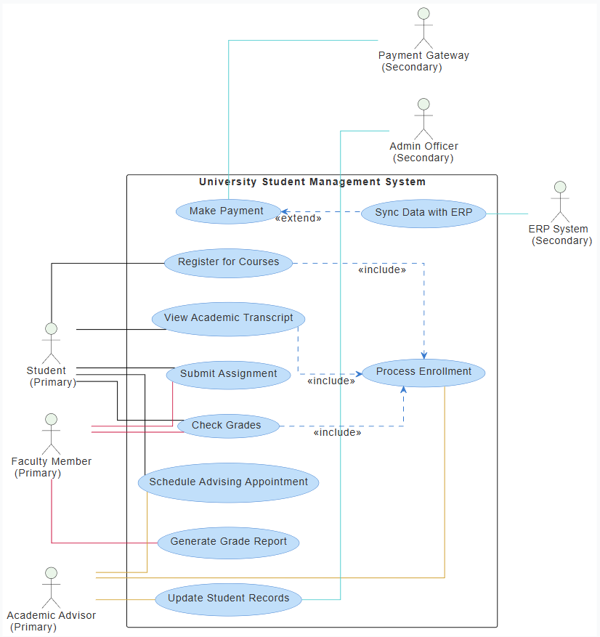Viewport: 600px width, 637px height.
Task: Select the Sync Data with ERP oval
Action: click(x=423, y=214)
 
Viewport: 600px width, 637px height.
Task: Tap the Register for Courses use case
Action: click(x=228, y=262)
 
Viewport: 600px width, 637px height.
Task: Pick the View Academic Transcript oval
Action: click(x=228, y=318)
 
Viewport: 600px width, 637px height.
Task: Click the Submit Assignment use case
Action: click(x=228, y=374)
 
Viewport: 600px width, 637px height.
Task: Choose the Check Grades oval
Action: click(x=228, y=426)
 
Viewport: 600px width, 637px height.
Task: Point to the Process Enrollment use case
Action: click(x=423, y=372)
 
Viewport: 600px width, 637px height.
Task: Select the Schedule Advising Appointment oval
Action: click(x=228, y=482)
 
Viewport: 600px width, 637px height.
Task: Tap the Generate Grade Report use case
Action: click(x=228, y=542)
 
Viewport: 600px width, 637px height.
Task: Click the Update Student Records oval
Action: click(x=228, y=599)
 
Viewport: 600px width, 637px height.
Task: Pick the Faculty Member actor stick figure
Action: click(x=51, y=434)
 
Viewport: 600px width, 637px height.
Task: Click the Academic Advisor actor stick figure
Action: click(x=51, y=588)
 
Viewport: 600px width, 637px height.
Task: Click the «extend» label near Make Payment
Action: click(x=298, y=218)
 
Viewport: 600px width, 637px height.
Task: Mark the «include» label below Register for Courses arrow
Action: click(x=382, y=270)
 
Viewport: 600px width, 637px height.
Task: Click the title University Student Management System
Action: click(x=312, y=182)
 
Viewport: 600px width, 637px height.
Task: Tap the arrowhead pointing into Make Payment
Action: click(x=285, y=212)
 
